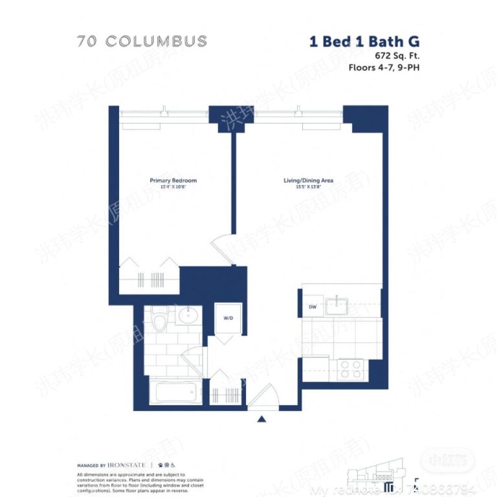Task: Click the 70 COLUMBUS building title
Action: (x=142, y=41)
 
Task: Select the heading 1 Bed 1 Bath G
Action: (x=364, y=41)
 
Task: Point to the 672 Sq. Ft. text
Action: (x=393, y=56)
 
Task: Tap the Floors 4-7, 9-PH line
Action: (x=384, y=67)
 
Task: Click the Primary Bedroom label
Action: (x=173, y=181)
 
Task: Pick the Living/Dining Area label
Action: (x=309, y=181)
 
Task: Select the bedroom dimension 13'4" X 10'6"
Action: (x=173, y=187)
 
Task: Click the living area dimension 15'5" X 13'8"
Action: (x=309, y=187)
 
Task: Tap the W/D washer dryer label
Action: (x=228, y=318)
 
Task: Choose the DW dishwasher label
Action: (x=313, y=307)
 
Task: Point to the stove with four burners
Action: (x=350, y=369)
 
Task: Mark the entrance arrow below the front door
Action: (x=261, y=419)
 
